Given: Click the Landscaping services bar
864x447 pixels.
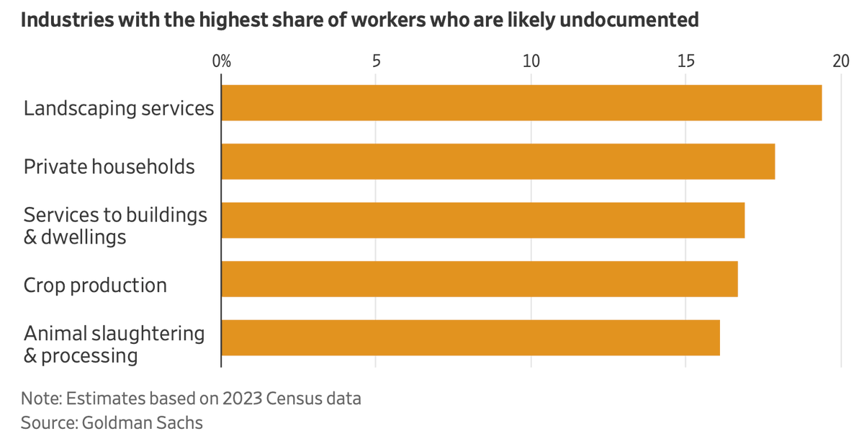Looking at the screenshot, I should tap(521, 102).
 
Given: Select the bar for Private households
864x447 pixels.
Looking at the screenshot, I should tap(498, 161).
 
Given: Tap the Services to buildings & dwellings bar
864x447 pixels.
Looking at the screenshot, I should tap(482, 220).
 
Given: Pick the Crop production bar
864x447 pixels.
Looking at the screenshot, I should tap(479, 279).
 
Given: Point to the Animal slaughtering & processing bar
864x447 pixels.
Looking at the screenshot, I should tap(470, 338).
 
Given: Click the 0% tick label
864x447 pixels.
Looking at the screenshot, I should tap(222, 61).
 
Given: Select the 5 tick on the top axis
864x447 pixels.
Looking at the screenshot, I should tap(376, 61).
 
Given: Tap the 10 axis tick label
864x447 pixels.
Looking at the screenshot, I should tap(531, 61).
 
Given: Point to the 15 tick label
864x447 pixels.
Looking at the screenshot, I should tap(685, 61).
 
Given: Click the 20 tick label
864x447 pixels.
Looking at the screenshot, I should tap(840, 61).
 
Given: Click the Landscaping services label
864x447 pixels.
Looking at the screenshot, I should tap(119, 108).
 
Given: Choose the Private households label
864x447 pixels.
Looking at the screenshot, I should tap(109, 167).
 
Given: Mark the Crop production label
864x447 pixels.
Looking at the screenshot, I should tap(95, 285).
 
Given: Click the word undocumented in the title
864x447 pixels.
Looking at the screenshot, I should tap(628, 19).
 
